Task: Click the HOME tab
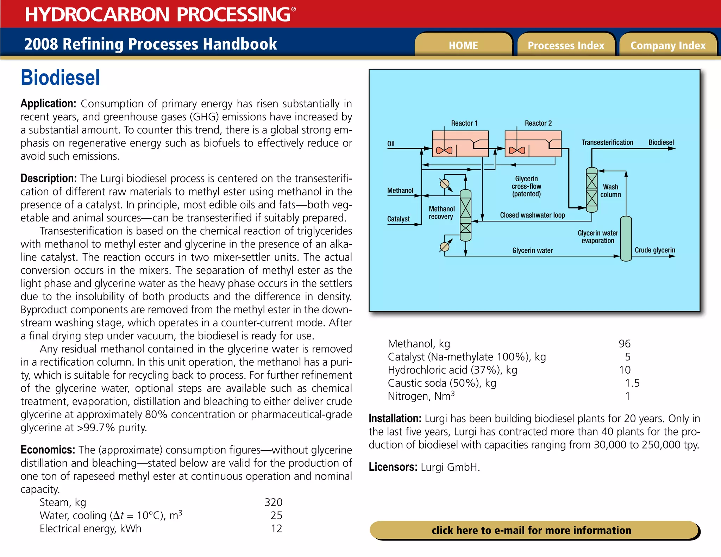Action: pos(463,45)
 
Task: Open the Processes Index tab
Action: pos(566,45)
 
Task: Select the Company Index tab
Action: pos(668,45)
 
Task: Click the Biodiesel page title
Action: pos(60,78)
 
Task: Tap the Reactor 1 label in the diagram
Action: pos(464,123)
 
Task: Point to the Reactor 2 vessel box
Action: pos(533,144)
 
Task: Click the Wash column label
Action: pos(610,190)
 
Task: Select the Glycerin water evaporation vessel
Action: pos(626,239)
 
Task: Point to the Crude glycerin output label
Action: pos(654,250)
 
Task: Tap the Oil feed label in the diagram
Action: pos(391,144)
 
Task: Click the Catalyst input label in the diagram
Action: pos(398,219)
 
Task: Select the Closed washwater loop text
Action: pos(532,215)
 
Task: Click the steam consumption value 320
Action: pos(273,502)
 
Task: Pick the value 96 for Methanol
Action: pos(625,344)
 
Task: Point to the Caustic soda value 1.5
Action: pos(632,383)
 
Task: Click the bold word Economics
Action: pos(48,450)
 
